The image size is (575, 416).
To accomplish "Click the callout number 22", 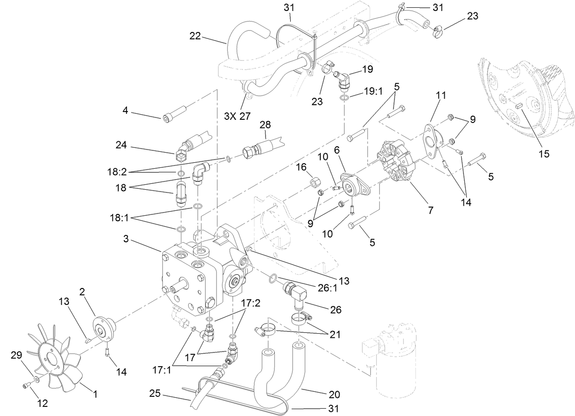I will pos(195,37).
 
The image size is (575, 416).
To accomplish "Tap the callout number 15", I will pos(543,154).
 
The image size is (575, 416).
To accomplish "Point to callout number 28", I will pos(265,125).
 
